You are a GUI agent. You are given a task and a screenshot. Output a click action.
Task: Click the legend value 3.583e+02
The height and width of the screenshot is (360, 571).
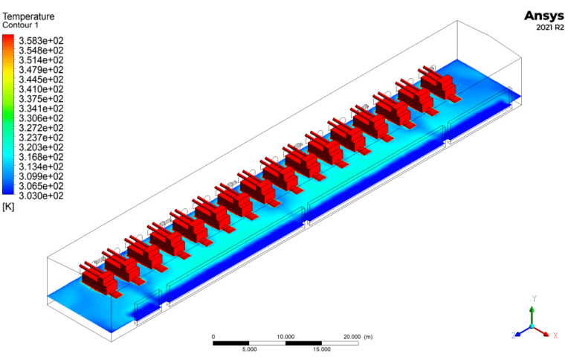tap(41, 40)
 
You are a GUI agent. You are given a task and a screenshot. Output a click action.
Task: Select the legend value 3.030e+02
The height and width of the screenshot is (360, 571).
tap(41, 196)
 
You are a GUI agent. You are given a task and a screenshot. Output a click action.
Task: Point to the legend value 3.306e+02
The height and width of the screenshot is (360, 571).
tap(41, 118)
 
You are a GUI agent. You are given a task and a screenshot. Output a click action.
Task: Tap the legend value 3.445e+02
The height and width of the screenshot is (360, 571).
tap(41, 80)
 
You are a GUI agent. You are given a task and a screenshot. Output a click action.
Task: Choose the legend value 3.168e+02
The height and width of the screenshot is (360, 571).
tap(41, 157)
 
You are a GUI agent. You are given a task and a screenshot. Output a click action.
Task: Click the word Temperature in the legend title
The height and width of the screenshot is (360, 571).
tap(28, 16)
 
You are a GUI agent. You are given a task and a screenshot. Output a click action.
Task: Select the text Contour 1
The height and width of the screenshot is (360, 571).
tap(20, 25)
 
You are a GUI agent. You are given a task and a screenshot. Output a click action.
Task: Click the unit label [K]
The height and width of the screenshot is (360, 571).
tap(8, 207)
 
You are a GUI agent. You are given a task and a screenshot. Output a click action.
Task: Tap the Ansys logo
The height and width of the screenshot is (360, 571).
tap(544, 16)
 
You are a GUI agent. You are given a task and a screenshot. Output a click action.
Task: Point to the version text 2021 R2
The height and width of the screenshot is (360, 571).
tap(550, 28)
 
